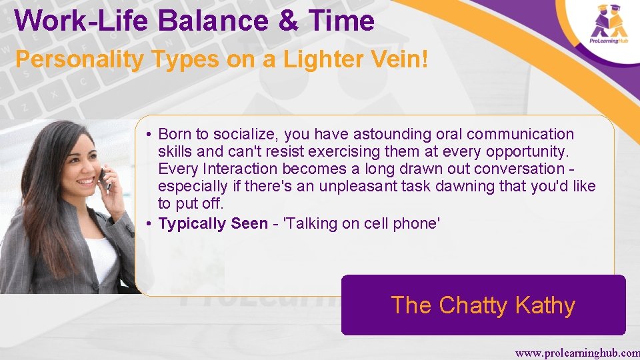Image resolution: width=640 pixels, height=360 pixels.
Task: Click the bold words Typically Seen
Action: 213,224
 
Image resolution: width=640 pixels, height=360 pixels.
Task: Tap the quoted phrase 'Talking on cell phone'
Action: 362,224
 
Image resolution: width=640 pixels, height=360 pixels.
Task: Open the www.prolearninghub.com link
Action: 577,352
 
